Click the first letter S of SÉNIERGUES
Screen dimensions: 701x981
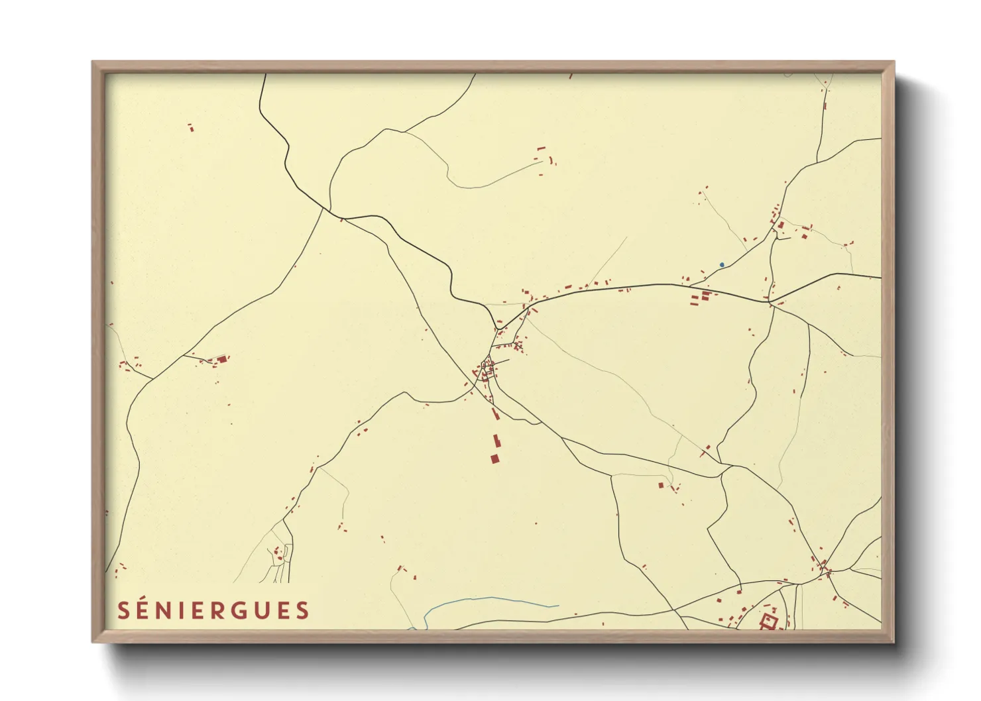point(123,610)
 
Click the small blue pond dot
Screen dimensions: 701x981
point(722,265)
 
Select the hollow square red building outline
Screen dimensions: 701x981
point(768,621)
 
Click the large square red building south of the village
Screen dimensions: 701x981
point(494,458)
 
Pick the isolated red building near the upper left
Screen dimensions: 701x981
point(191,127)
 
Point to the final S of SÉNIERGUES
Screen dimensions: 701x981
point(303,610)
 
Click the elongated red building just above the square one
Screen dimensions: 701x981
point(495,441)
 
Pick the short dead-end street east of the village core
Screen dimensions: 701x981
point(502,362)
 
